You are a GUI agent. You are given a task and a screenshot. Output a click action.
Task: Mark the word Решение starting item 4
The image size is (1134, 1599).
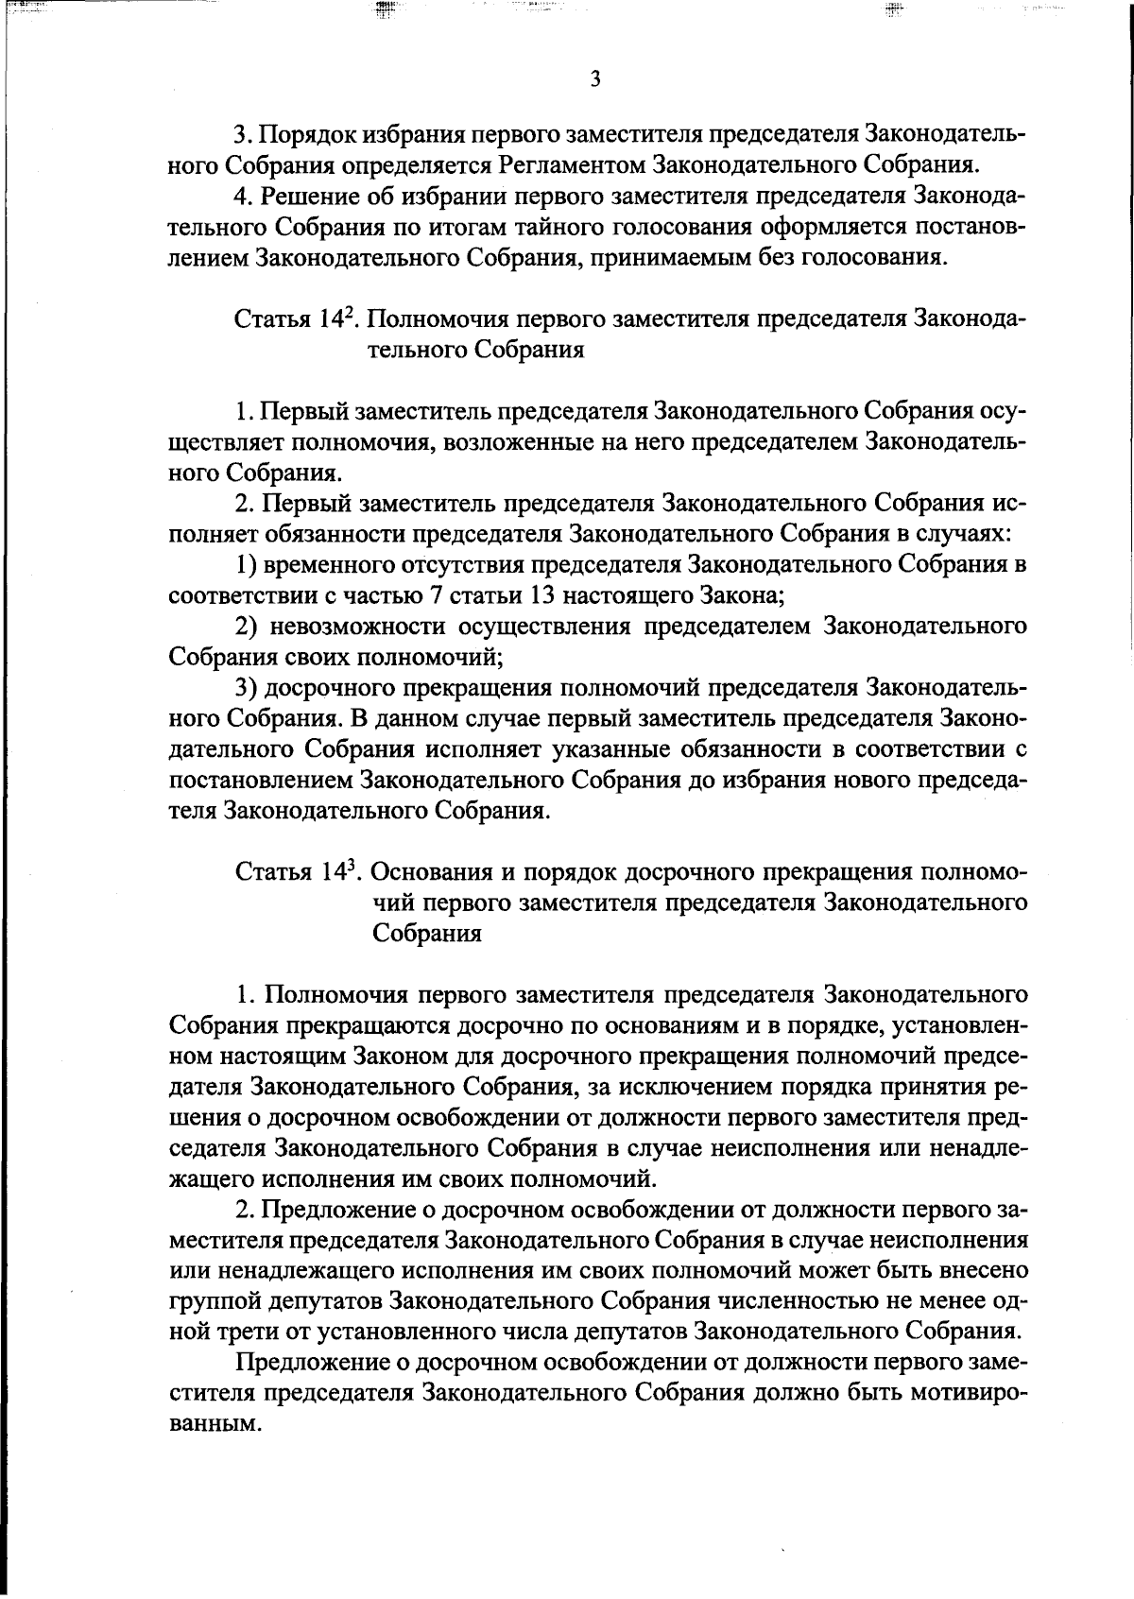pos(303,196)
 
